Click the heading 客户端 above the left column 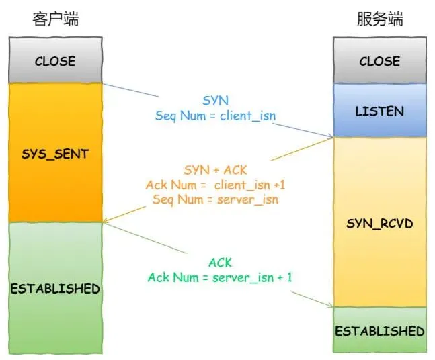point(55,19)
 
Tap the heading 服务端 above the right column point(380,19)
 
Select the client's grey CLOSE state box point(55,60)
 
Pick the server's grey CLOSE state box point(380,60)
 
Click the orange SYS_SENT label point(55,154)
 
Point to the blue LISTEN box point(380,110)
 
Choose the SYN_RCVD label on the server point(380,223)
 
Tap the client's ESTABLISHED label point(55,289)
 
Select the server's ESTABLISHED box point(380,330)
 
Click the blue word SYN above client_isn point(215,100)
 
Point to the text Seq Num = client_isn point(215,115)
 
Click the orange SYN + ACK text point(215,170)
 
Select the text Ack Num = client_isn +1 point(215,185)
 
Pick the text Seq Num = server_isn point(215,199)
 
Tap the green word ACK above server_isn point(219,262)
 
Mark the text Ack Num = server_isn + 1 point(219,277)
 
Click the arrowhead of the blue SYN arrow point(331,138)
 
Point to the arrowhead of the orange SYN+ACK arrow point(105,220)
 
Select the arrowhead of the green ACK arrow point(331,306)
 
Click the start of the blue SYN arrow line point(104,83)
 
